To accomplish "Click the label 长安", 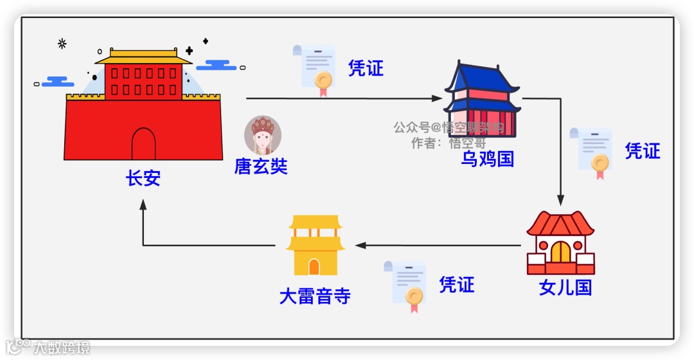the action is [x=143, y=178].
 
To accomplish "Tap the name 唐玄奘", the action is [x=260, y=167].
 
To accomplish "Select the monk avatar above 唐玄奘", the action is [x=263, y=135].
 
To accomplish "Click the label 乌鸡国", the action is [x=488, y=158].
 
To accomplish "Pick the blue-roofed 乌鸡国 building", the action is [x=483, y=100].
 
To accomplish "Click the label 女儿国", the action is [x=565, y=287].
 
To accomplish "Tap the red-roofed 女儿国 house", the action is [x=560, y=243].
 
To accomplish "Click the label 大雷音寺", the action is [x=315, y=296].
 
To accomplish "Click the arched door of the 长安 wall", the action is [x=143, y=145].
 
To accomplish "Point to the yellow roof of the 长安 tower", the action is [x=143, y=57].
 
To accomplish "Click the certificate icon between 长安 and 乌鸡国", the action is [x=315, y=69].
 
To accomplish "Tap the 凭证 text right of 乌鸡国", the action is [x=642, y=151].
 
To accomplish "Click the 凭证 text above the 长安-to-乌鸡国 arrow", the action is [x=366, y=68].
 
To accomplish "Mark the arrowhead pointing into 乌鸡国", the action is [x=438, y=98].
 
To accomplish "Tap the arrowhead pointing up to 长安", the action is [x=143, y=205].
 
